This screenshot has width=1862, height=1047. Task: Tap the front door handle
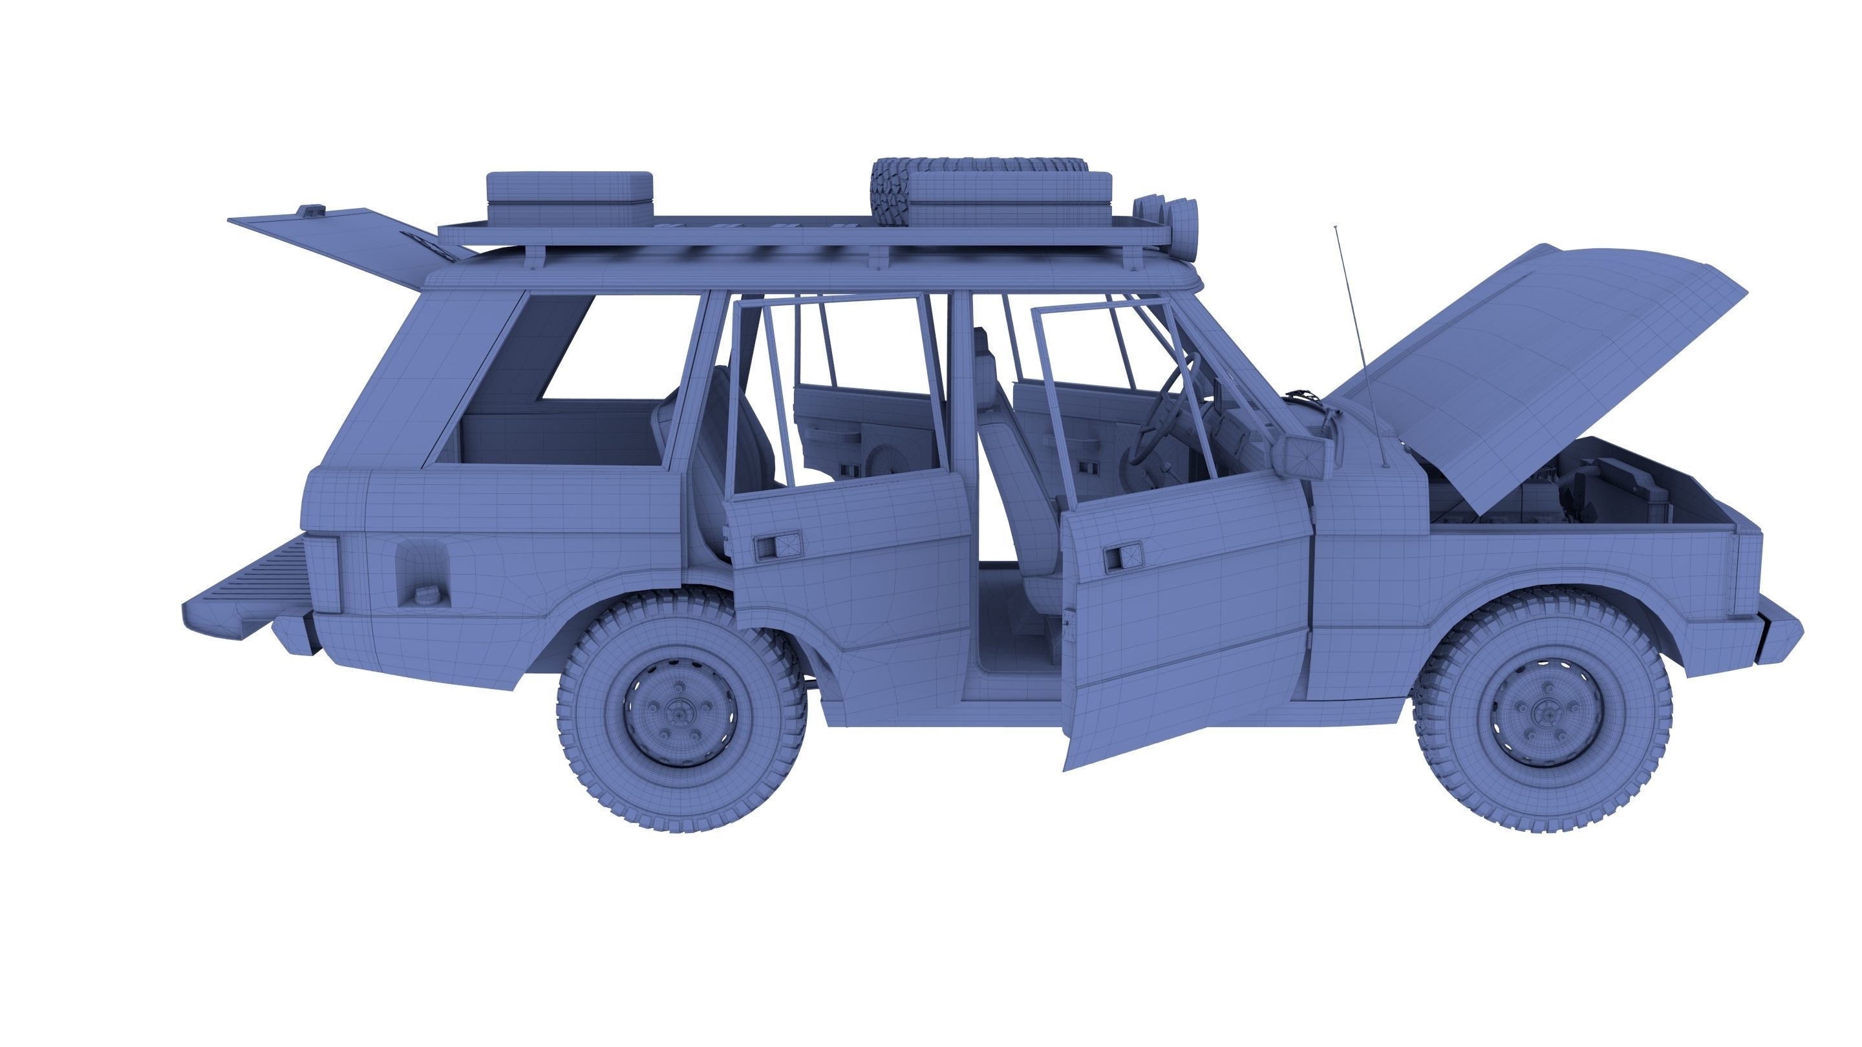[1121, 556]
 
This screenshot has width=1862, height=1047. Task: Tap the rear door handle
[777, 545]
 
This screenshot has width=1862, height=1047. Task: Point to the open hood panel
[1532, 361]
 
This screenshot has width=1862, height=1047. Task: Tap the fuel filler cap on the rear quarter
[423, 595]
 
